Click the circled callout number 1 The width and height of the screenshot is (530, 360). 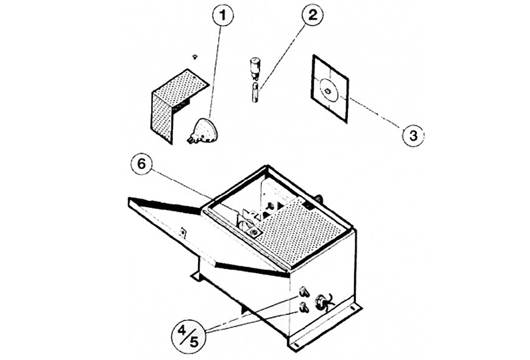(x=223, y=16)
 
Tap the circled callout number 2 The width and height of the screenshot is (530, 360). (x=312, y=16)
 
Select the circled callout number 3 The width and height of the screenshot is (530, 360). (x=412, y=135)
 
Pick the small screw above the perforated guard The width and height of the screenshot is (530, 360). (x=194, y=56)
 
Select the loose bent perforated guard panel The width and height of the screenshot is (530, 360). (x=174, y=104)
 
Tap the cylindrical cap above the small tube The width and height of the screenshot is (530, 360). (x=255, y=65)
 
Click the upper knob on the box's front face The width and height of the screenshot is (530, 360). (x=303, y=292)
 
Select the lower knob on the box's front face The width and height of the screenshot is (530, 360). (x=303, y=308)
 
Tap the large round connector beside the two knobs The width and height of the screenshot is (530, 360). (x=321, y=302)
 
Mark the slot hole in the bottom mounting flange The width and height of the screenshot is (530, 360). (x=297, y=345)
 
